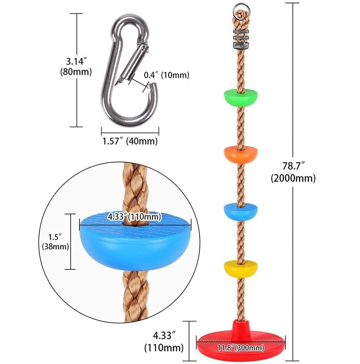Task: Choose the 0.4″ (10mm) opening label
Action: click(166, 75)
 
